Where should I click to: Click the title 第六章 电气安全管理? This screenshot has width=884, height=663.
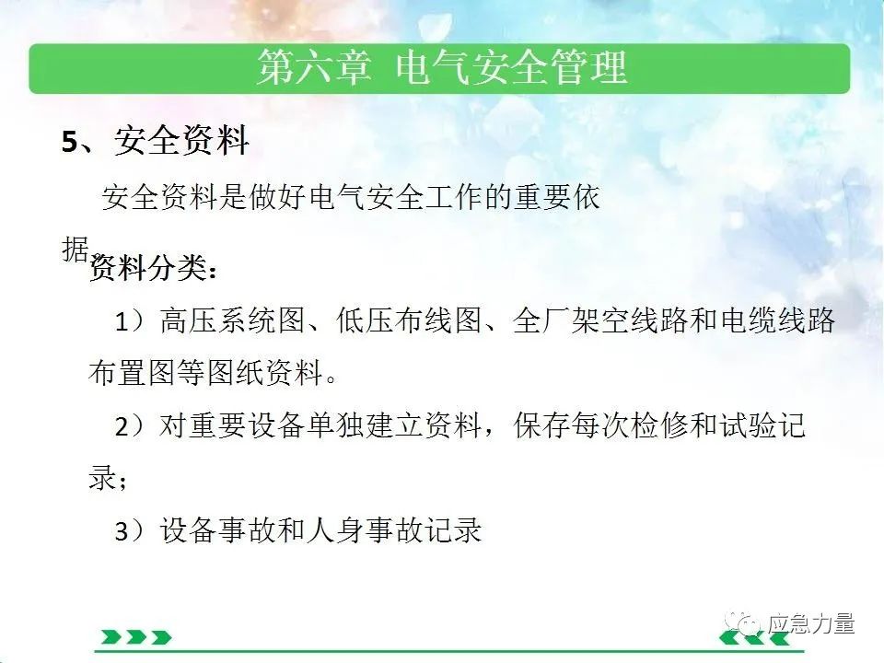coord(441,67)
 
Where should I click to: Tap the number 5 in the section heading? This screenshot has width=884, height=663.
coord(69,142)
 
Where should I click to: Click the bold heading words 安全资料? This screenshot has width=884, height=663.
coord(181,140)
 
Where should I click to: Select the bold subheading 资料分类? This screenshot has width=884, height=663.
coord(147,268)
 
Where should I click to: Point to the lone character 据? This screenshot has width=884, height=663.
coord(76,250)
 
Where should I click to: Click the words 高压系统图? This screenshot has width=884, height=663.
coord(232,320)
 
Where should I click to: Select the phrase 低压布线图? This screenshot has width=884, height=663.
coord(409,320)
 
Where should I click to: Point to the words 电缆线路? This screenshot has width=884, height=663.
coord(777,320)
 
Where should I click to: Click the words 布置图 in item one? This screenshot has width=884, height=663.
coord(132,373)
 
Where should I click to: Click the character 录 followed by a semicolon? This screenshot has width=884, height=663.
coord(102,478)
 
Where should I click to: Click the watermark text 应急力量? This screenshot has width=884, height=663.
coord(810,623)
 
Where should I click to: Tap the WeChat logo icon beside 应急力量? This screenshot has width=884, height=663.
coord(742,623)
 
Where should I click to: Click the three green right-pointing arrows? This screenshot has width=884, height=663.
coord(136,637)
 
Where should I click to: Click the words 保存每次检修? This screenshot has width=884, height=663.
coord(587,425)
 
